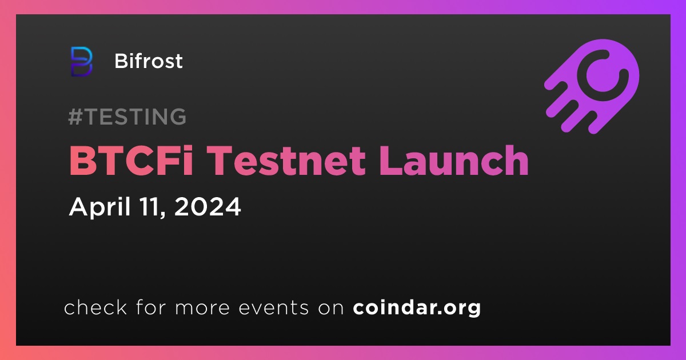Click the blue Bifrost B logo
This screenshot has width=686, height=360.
(x=81, y=62)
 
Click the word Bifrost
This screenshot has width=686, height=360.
(x=149, y=61)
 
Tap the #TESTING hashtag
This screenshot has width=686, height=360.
(x=127, y=117)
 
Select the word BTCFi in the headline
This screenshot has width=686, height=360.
(x=131, y=161)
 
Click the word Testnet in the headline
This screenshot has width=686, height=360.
(x=288, y=161)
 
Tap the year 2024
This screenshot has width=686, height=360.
(x=208, y=207)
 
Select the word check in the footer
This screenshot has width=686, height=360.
(x=95, y=307)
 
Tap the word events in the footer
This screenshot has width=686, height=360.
(x=273, y=308)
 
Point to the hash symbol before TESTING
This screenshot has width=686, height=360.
(x=75, y=117)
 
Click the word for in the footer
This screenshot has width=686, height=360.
(x=151, y=307)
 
